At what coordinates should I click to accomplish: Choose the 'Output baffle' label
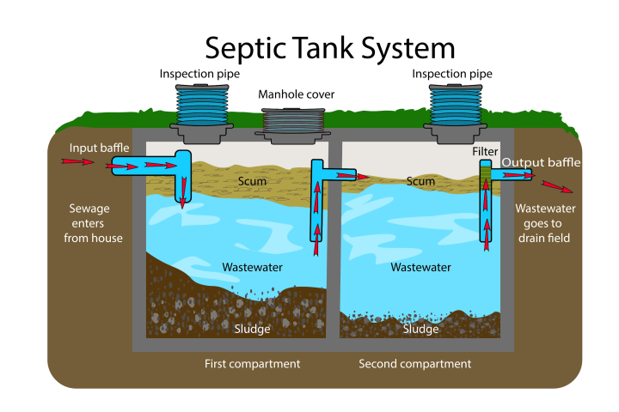tap(541, 162)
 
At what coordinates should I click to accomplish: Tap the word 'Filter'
tap(485, 152)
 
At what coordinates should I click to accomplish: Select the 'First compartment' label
tap(252, 364)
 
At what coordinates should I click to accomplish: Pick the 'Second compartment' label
tap(414, 364)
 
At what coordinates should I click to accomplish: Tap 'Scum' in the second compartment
tap(420, 182)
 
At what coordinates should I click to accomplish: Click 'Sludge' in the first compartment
tap(252, 329)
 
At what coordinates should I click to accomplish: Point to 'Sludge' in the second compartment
tap(420, 329)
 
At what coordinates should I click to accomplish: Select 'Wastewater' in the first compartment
tap(252, 268)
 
